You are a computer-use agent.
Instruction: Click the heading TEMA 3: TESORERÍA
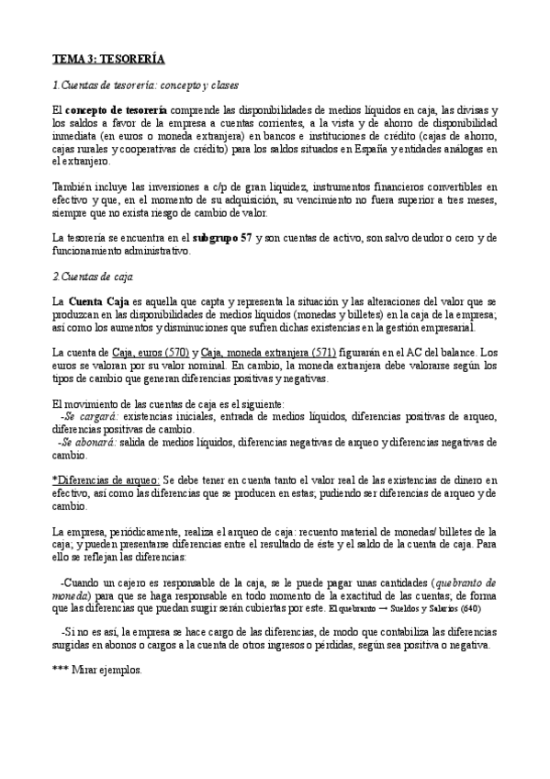(x=108, y=60)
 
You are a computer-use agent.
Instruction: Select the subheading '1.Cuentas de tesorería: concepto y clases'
(x=146, y=86)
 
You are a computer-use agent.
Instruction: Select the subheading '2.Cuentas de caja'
(x=93, y=276)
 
